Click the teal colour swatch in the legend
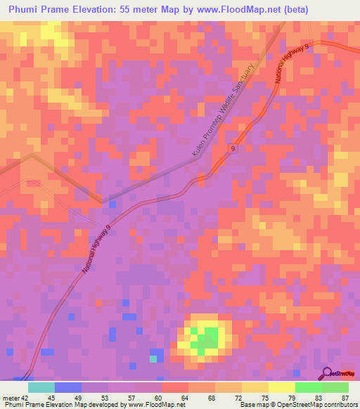[41, 387]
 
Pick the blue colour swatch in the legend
[68, 387]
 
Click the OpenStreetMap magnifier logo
[326, 372]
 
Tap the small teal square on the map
[153, 359]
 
